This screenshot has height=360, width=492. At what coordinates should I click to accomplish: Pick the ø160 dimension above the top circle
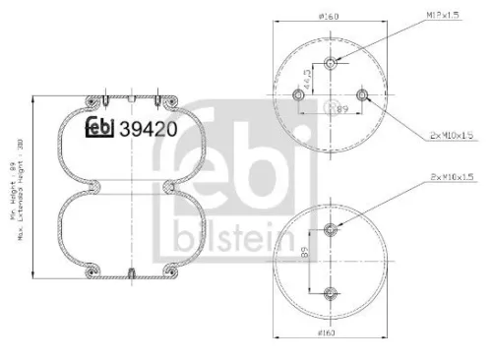(x=329, y=17)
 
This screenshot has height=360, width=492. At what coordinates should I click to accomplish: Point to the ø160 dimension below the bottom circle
(x=329, y=335)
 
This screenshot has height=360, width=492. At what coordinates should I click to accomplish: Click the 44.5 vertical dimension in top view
(x=306, y=78)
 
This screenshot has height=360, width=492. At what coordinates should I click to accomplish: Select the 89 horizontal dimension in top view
(x=344, y=111)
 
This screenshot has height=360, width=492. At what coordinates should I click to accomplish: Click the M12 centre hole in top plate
(x=331, y=62)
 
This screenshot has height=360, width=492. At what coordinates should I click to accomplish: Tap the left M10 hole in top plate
(x=297, y=94)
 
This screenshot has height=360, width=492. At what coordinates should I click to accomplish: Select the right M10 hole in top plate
(x=363, y=94)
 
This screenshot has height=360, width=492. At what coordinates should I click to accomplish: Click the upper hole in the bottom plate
(x=331, y=229)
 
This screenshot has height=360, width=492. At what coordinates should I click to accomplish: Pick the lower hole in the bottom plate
(x=331, y=292)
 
